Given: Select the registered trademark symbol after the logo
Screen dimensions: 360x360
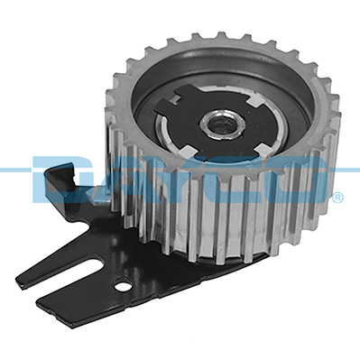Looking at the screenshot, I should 337,197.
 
